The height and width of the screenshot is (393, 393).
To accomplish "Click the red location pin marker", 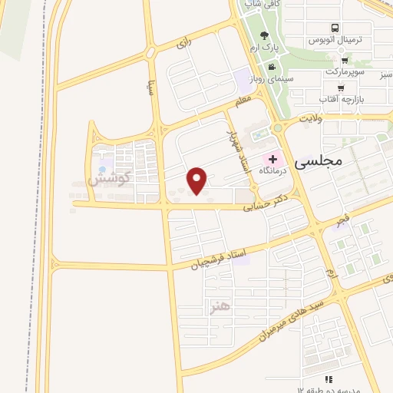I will tap(198, 180).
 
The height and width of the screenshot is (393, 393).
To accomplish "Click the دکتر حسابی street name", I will tap(264, 201).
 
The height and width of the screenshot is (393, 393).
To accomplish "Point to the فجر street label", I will tap(342, 220).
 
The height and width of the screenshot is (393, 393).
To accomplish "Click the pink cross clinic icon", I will tap(273, 159).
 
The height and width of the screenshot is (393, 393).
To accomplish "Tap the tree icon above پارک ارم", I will tap(265, 35).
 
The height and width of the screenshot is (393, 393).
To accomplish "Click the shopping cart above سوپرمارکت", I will tap(345, 59).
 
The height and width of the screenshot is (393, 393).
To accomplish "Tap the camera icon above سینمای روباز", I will tap(269, 68).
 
